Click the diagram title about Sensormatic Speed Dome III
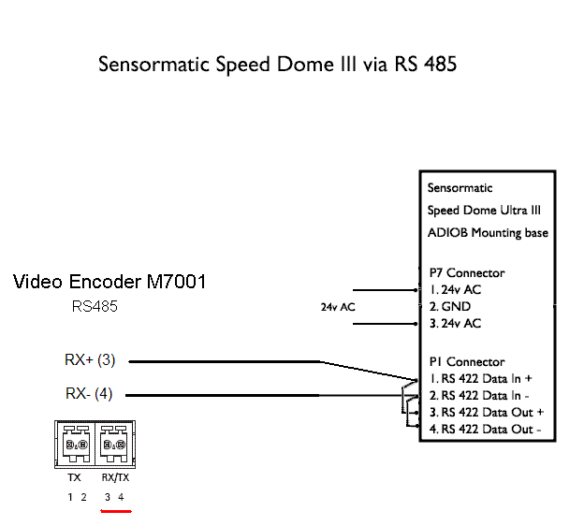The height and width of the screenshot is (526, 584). (x=277, y=66)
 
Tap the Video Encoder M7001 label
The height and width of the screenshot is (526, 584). (x=109, y=282)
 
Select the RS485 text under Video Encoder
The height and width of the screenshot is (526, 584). (x=95, y=306)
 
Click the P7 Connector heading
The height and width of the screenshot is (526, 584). (x=466, y=273)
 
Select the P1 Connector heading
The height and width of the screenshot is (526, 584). (x=466, y=362)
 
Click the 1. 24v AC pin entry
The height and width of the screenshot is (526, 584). (x=455, y=290)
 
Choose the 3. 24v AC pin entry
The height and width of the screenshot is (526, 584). (x=455, y=324)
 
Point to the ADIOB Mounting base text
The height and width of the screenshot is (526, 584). (x=488, y=233)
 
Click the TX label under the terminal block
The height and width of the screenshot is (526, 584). (x=75, y=478)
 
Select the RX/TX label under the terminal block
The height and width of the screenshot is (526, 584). (x=115, y=478)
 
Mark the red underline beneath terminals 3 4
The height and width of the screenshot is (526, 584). (x=115, y=511)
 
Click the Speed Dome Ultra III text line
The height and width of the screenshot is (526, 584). (x=484, y=211)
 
